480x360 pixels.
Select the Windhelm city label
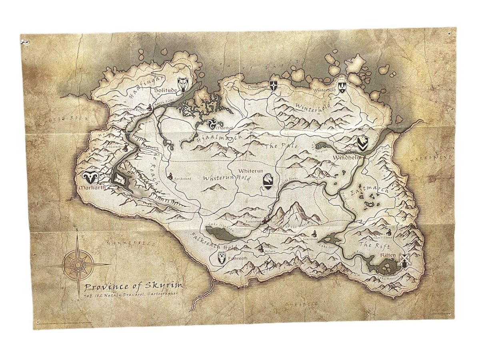(x=347, y=158)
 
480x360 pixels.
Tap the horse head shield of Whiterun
(x=269, y=182)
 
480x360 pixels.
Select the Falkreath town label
(x=238, y=258)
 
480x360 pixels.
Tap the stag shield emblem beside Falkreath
(x=222, y=258)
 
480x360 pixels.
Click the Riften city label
(x=390, y=255)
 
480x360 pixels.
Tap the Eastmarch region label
(x=369, y=190)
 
